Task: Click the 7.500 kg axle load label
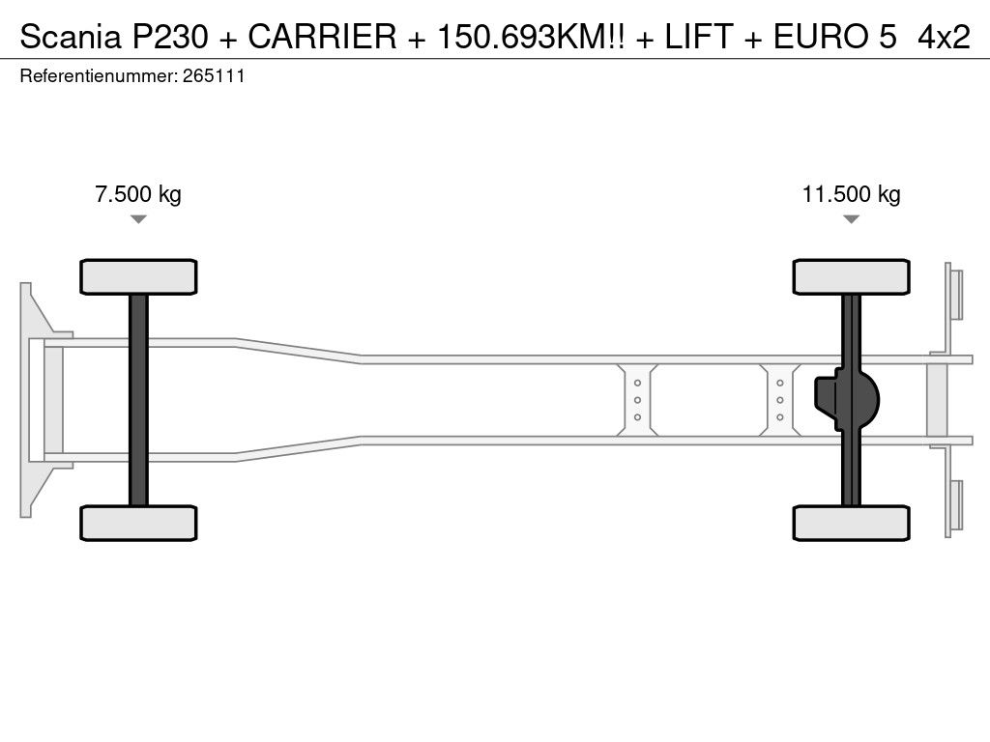click(x=138, y=193)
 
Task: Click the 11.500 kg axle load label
click(x=851, y=193)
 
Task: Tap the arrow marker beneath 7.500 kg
click(x=138, y=219)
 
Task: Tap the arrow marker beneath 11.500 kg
click(x=851, y=219)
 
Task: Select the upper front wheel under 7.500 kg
click(x=138, y=276)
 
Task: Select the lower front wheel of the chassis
click(x=138, y=523)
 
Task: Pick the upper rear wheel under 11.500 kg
click(x=851, y=276)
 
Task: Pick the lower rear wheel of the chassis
click(x=851, y=523)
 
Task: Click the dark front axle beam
click(x=138, y=400)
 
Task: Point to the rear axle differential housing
click(x=846, y=400)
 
